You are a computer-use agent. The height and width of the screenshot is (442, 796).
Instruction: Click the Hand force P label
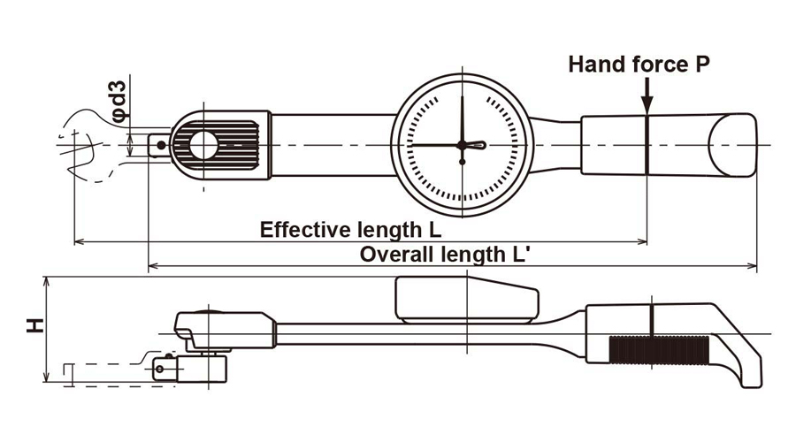(639, 64)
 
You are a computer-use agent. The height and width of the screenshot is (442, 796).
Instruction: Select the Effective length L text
(351, 230)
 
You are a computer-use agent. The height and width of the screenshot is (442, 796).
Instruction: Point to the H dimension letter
(34, 326)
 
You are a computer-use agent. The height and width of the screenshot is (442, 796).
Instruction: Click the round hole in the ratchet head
(204, 144)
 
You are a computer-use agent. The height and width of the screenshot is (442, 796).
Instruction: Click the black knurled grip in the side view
(661, 351)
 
